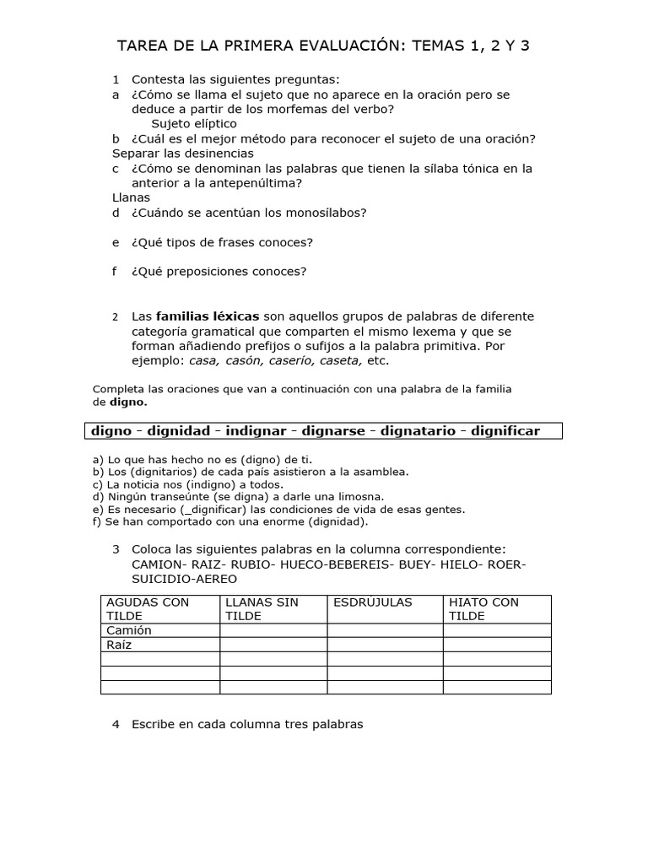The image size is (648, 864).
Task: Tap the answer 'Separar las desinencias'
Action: click(x=183, y=154)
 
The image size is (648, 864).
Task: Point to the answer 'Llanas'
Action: click(x=131, y=197)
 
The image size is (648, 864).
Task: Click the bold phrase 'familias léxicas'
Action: click(x=208, y=316)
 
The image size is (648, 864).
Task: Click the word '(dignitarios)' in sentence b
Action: click(x=165, y=472)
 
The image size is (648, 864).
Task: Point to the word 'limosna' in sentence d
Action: click(x=360, y=497)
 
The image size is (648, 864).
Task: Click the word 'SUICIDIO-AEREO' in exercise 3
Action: click(x=185, y=579)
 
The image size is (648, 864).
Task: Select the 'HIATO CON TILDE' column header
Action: click(x=484, y=609)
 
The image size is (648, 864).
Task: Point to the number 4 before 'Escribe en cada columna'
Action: click(x=116, y=724)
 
